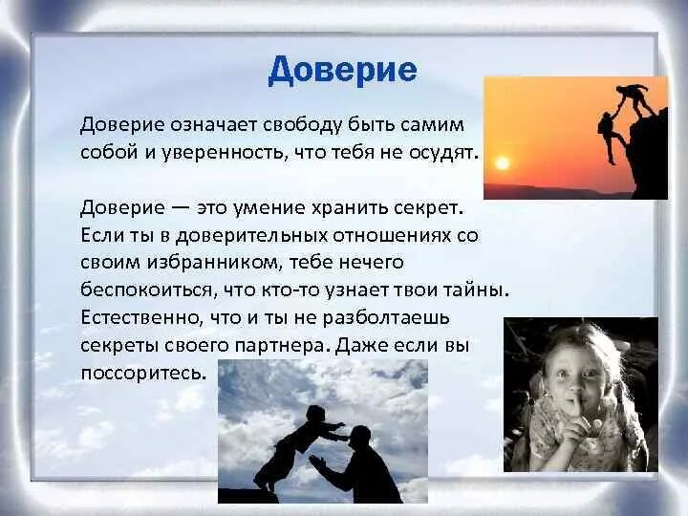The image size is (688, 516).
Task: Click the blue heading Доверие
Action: click(342, 71)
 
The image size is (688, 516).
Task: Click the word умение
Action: click(252, 207)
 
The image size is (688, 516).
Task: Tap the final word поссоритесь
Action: click(143, 372)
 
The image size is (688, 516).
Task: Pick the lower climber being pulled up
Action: click(609, 134)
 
